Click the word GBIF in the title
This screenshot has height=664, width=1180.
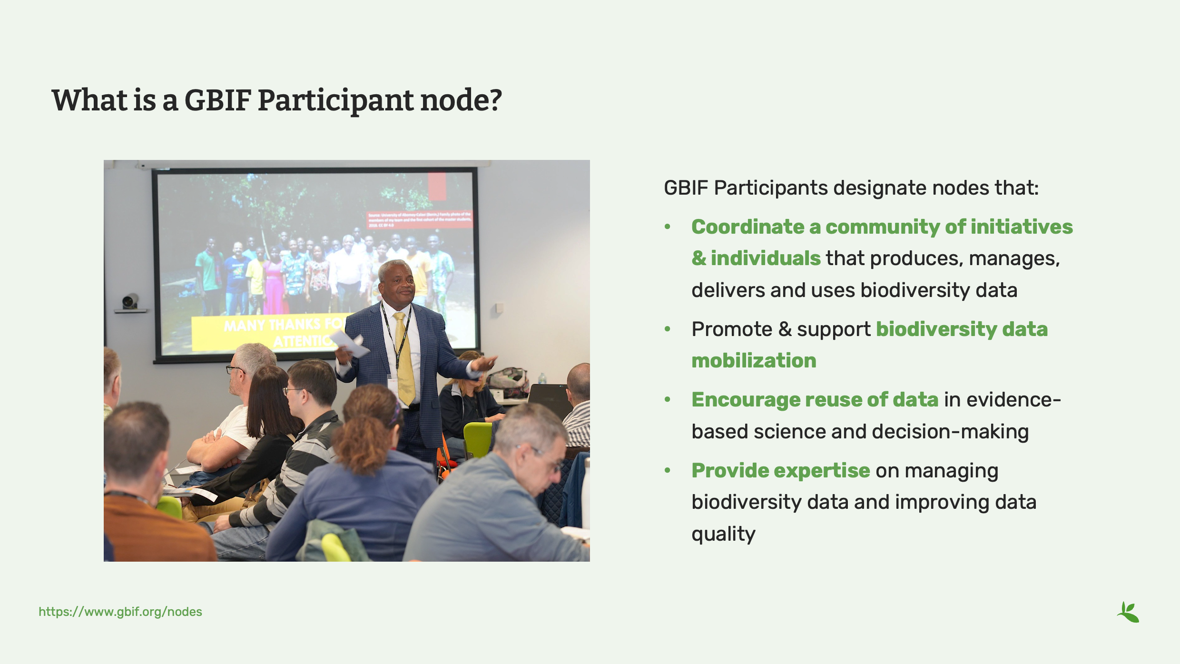(217, 100)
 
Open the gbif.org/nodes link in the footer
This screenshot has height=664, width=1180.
(120, 612)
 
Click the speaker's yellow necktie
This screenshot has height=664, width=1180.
(404, 362)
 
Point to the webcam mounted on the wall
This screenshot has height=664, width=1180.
(129, 302)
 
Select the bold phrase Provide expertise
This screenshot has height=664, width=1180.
(780, 471)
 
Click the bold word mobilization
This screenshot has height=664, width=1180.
(754, 361)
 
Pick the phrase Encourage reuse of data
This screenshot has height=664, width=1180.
(815, 400)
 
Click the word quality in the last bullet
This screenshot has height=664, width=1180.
(723, 534)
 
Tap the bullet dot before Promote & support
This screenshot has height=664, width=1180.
(668, 329)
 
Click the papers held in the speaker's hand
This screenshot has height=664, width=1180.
(351, 344)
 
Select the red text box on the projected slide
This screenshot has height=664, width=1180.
(419, 219)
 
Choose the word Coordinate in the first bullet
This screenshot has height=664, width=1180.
(747, 227)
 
